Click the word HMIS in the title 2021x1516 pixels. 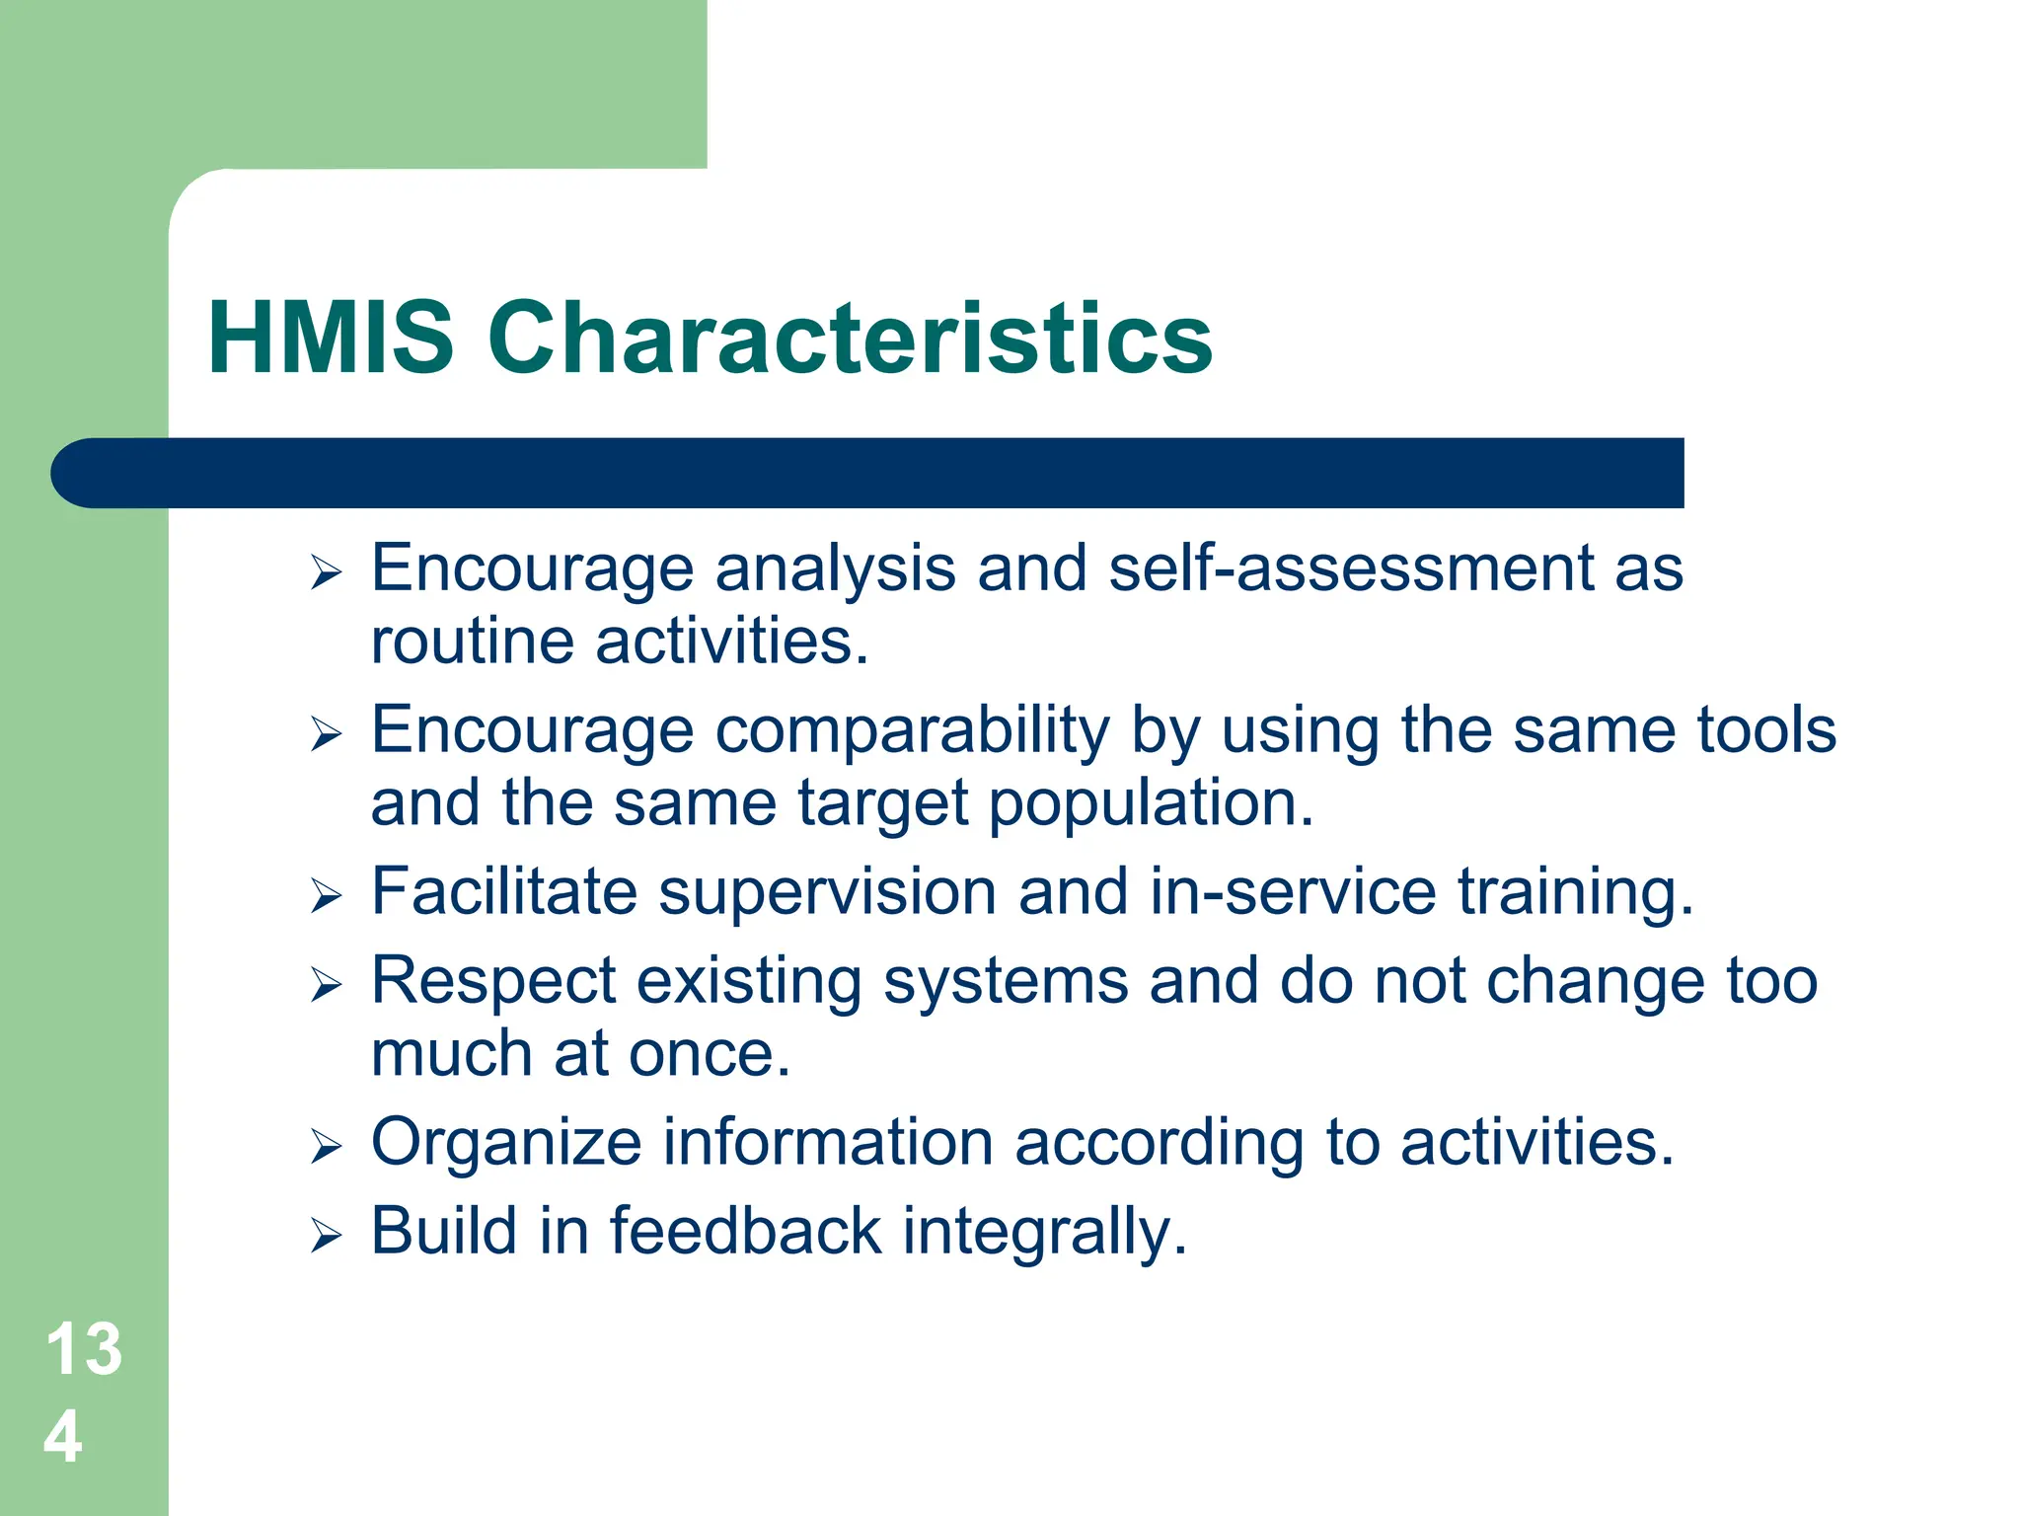(331, 339)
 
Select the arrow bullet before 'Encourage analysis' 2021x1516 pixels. (326, 571)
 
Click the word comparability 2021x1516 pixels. (913, 731)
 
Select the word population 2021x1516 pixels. (1151, 803)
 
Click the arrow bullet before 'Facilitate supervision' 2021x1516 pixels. (326, 895)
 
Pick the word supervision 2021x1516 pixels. (827, 892)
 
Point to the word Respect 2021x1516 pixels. (493, 982)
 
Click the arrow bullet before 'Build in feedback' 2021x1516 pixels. (326, 1235)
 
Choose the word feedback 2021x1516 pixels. (745, 1232)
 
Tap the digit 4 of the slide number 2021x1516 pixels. (63, 1437)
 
